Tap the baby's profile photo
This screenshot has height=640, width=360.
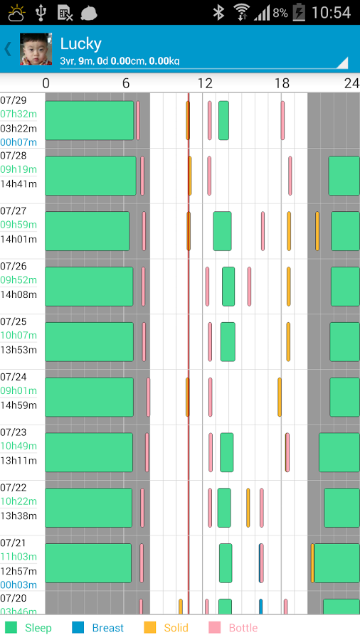(36, 49)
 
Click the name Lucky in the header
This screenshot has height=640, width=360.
(81, 43)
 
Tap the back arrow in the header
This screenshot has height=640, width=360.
(8, 49)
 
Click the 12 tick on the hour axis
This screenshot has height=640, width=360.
(205, 83)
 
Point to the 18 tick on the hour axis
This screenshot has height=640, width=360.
(282, 83)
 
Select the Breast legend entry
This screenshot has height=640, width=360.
(98, 628)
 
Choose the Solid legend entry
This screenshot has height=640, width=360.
(166, 628)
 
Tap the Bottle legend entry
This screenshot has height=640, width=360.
(233, 628)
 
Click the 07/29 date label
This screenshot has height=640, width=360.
(13, 100)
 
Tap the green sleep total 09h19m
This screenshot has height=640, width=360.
(18, 169)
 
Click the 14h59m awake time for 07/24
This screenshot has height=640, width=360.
(18, 405)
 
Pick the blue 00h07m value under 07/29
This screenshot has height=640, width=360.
(18, 142)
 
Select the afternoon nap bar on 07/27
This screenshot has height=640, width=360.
(222, 231)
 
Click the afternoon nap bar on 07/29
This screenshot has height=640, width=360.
(223, 120)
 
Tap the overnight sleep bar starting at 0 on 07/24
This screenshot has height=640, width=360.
(89, 397)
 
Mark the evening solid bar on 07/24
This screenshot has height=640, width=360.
(280, 397)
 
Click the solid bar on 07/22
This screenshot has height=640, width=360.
(248, 508)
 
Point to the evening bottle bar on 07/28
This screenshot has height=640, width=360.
(290, 176)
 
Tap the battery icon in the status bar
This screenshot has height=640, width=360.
(300, 12)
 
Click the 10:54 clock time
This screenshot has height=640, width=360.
(331, 13)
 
